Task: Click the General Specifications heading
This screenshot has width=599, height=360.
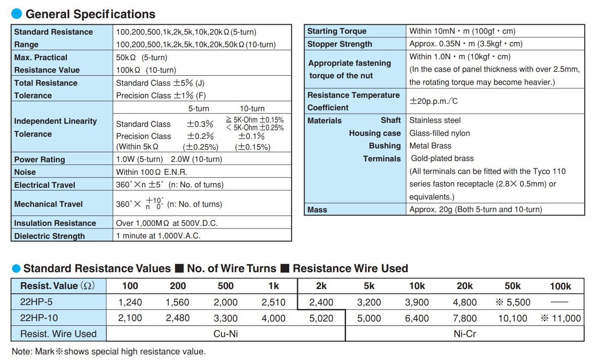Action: pyautogui.click(x=90, y=14)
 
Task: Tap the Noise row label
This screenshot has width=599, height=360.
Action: pyautogui.click(x=25, y=172)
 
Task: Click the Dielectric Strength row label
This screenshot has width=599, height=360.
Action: pyautogui.click(x=49, y=236)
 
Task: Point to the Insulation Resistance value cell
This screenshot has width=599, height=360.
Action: pyautogui.click(x=167, y=223)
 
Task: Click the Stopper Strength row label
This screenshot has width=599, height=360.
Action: pyautogui.click(x=340, y=44)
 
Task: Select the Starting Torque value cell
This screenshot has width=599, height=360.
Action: pyautogui.click(x=462, y=31)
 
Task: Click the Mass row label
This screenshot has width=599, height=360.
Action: pyautogui.click(x=317, y=210)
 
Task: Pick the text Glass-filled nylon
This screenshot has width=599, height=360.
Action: pyautogui.click(x=439, y=133)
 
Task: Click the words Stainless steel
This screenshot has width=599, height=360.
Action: pyautogui.click(x=435, y=120)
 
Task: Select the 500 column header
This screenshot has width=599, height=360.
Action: pyautogui.click(x=225, y=286)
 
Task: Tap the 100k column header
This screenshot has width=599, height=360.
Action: pyautogui.click(x=560, y=286)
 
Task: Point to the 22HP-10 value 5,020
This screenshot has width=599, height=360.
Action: pyautogui.click(x=321, y=318)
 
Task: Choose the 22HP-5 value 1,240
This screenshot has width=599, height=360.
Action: pyautogui.click(x=130, y=302)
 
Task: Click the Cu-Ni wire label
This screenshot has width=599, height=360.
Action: pyautogui.click(x=226, y=334)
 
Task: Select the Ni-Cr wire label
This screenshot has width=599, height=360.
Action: pyautogui.click(x=465, y=334)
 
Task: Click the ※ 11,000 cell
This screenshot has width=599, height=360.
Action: pyautogui.click(x=561, y=318)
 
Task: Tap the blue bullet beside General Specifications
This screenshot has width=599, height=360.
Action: pyautogui.click(x=16, y=14)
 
